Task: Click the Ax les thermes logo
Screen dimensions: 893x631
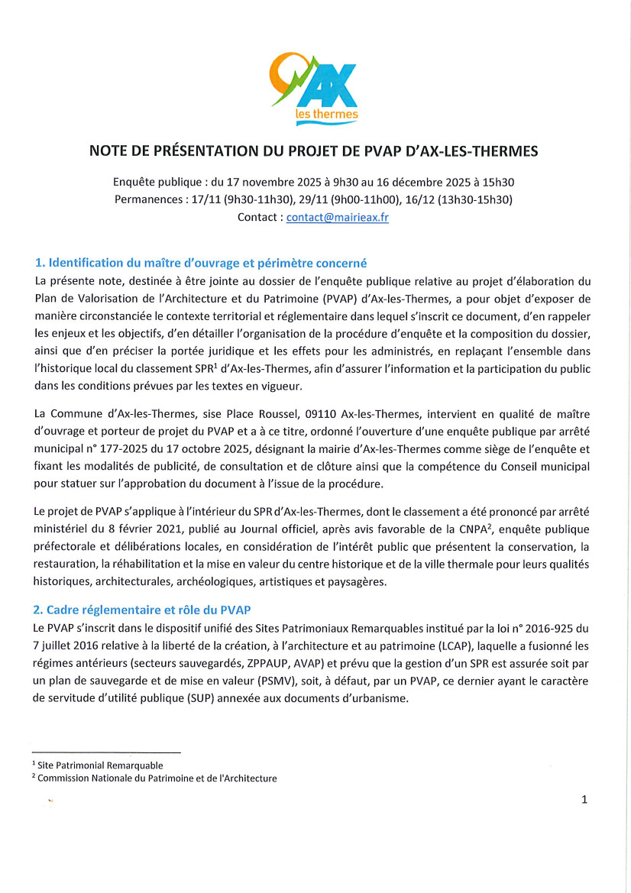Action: click(x=315, y=85)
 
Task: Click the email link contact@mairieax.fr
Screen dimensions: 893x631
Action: click(x=338, y=218)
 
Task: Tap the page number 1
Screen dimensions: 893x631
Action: click(x=584, y=800)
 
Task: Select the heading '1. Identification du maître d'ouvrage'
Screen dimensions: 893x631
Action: click(x=201, y=263)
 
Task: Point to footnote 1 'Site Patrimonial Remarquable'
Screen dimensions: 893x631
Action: click(x=99, y=765)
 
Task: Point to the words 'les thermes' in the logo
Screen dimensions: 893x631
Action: click(x=326, y=115)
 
